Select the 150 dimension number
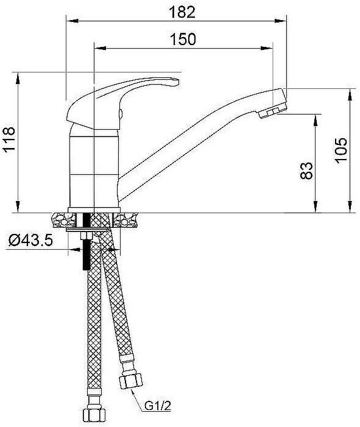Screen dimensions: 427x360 pos(183,39)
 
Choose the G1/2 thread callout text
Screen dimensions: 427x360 pos(157,404)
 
